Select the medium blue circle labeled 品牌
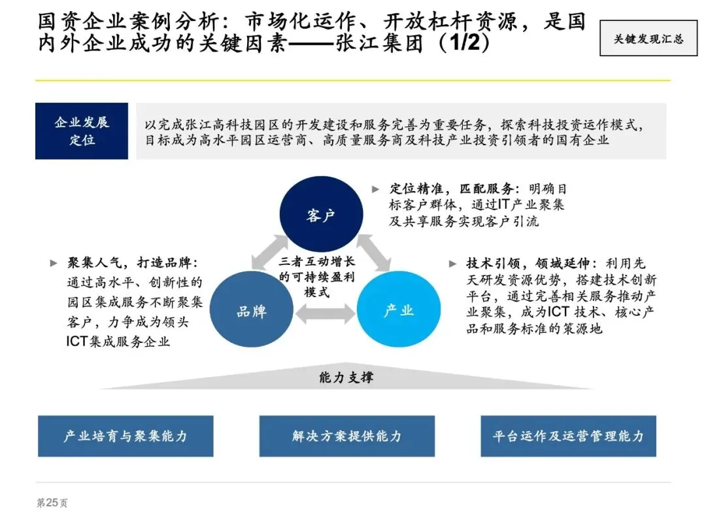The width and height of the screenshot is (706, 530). tap(251, 311)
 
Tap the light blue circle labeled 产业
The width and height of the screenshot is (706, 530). tap(398, 310)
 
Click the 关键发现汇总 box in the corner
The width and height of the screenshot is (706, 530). tap(648, 39)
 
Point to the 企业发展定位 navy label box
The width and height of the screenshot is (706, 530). tap(82, 131)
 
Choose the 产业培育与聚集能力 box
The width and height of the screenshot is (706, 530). tap(126, 436)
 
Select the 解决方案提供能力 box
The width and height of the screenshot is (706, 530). tap(346, 436)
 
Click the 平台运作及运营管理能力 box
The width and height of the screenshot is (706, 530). tap(568, 436)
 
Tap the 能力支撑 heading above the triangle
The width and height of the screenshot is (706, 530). tap(346, 378)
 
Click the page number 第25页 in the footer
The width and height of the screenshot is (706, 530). tap(52, 503)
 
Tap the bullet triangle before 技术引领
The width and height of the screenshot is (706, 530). tap(452, 264)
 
